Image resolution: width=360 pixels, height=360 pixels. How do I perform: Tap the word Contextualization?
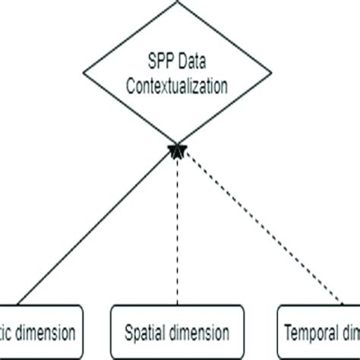[177, 86]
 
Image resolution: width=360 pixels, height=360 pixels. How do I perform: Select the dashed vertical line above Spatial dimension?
[177, 228]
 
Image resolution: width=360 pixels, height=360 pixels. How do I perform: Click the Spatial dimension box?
[178, 331]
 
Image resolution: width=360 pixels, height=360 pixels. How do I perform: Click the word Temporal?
[311, 332]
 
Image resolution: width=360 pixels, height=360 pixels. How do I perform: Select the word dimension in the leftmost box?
[45, 332]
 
